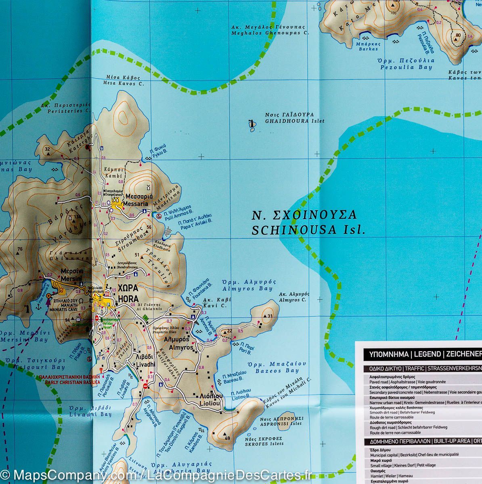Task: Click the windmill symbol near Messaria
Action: (147, 188)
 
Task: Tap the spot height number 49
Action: (227, 438)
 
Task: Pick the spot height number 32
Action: (47, 149)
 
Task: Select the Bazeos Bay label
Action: (273, 367)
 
